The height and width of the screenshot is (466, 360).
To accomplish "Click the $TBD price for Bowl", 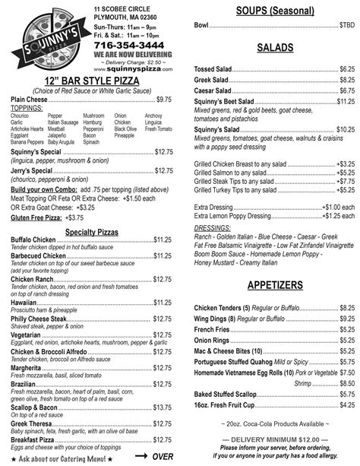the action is coord(346,25).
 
